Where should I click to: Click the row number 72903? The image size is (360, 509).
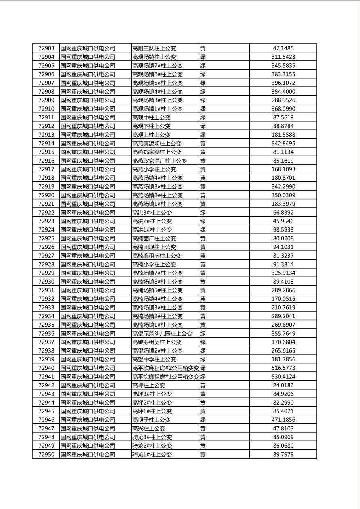click(x=46, y=48)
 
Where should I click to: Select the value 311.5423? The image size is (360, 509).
click(x=283, y=57)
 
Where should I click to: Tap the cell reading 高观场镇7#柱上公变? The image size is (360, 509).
click(x=157, y=66)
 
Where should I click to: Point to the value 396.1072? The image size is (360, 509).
click(x=283, y=83)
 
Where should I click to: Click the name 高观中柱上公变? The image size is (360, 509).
click(x=151, y=117)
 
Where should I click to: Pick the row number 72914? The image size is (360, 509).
click(x=46, y=143)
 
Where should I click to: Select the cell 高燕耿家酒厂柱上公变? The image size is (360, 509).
click(x=159, y=161)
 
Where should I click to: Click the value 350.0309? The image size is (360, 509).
click(x=283, y=195)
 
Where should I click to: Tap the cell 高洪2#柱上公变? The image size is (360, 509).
click(x=152, y=221)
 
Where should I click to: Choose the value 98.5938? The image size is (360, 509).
click(x=283, y=229)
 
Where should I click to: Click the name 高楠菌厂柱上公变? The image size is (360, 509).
click(x=154, y=238)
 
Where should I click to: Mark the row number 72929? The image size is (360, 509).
click(x=46, y=273)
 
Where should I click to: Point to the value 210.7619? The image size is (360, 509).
click(x=283, y=307)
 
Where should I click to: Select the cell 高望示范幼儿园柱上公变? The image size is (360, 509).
click(x=162, y=334)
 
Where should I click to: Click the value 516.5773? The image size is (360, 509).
click(x=283, y=368)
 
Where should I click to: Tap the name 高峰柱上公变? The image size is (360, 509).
click(x=149, y=385)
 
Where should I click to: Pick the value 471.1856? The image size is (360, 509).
click(x=283, y=420)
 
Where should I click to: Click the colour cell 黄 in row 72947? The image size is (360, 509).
click(x=203, y=428)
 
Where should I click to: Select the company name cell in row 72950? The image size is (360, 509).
click(x=88, y=455)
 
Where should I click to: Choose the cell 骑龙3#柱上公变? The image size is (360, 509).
click(x=152, y=437)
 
